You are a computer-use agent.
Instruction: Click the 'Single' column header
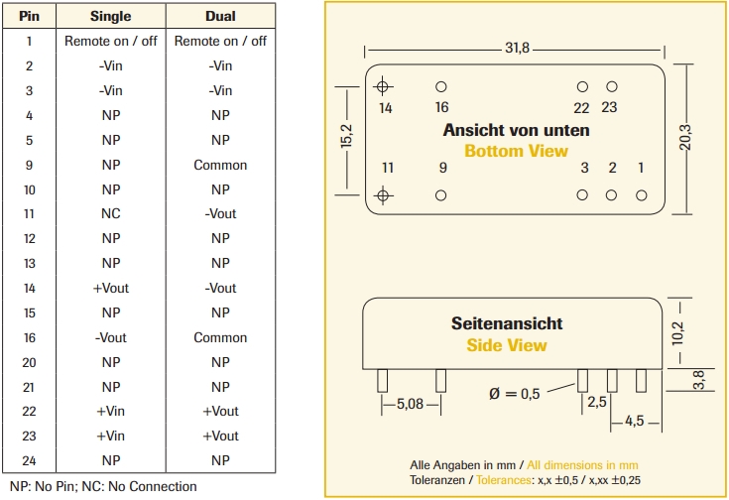(x=110, y=16)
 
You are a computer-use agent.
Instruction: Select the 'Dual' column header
(x=220, y=16)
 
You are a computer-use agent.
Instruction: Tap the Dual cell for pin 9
(x=220, y=165)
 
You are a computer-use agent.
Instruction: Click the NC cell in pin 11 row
(x=110, y=213)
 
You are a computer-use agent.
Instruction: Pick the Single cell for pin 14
(x=110, y=288)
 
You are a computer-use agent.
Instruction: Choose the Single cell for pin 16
(x=110, y=337)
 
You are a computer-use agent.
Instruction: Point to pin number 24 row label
(x=29, y=460)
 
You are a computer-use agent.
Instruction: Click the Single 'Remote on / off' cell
(x=110, y=41)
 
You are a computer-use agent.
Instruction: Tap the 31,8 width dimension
(x=518, y=49)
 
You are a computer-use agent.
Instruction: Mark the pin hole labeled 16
(x=441, y=87)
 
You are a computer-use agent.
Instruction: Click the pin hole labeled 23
(x=611, y=87)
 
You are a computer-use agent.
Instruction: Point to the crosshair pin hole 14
(x=386, y=87)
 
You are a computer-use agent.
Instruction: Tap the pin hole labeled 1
(x=641, y=195)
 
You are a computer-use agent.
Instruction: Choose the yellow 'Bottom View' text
(x=516, y=151)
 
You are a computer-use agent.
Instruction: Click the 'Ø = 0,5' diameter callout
(x=514, y=394)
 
